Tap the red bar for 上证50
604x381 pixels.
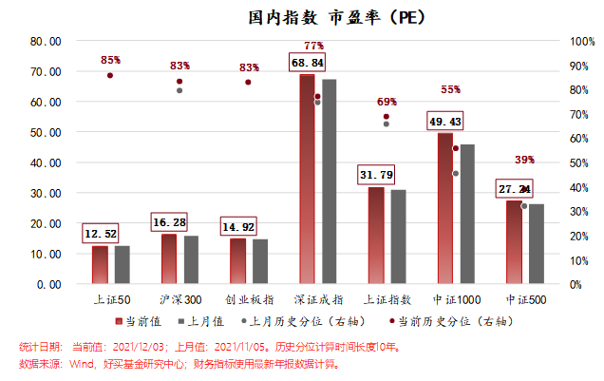100,263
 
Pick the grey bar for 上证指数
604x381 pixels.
399,236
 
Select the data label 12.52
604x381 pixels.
100,234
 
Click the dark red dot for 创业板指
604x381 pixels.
249,83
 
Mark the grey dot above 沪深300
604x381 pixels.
179,90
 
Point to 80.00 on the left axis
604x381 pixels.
46,42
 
